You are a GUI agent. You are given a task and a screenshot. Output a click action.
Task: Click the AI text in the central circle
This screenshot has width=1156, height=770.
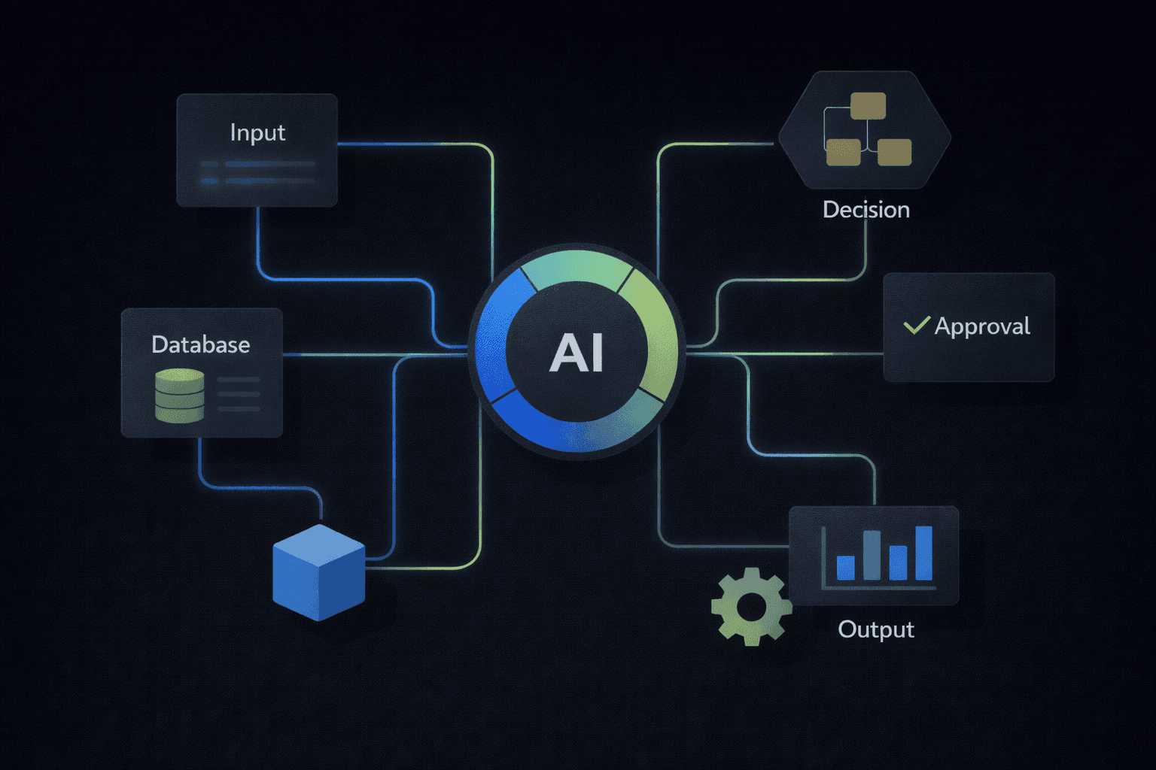tap(576, 352)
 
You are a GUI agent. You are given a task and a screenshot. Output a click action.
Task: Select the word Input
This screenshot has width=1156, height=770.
tap(257, 133)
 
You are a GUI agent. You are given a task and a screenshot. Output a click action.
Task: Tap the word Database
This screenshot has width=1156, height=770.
tap(200, 344)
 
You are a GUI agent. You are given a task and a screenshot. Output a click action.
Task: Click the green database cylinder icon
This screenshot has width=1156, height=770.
tap(179, 395)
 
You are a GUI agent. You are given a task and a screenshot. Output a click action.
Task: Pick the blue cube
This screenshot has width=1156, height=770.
tap(318, 572)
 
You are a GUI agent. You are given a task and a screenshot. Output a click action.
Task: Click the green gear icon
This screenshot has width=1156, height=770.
tap(751, 606)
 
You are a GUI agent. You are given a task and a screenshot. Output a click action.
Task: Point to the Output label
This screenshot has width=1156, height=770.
tap(876, 629)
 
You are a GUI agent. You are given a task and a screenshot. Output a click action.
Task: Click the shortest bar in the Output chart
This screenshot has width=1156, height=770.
tap(846, 568)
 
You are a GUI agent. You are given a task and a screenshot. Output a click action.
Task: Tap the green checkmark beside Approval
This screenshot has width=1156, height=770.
tap(917, 325)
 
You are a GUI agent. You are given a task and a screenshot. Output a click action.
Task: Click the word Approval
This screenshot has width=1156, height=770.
tap(982, 326)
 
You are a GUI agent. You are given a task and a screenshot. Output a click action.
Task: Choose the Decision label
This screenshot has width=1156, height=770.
tap(866, 210)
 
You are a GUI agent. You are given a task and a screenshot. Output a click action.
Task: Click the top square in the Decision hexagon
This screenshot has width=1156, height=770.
tap(868, 106)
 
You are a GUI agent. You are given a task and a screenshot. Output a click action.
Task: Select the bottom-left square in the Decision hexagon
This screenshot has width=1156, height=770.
tap(843, 153)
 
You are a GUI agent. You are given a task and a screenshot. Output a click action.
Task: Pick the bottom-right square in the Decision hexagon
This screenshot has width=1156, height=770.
tap(894, 153)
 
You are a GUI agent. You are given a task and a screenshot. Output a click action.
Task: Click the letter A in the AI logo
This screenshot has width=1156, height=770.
tap(565, 353)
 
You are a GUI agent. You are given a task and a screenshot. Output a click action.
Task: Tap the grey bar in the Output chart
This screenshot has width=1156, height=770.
tap(872, 555)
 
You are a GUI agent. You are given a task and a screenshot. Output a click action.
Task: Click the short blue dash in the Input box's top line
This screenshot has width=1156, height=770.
tap(209, 164)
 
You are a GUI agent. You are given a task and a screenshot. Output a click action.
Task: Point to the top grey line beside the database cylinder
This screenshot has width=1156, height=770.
tap(239, 380)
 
